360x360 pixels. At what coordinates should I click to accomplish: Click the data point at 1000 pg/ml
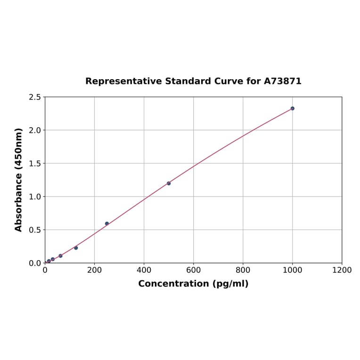coord(292,108)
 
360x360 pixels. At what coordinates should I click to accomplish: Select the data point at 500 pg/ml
coord(169,183)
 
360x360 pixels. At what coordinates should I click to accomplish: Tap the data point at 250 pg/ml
coord(107,223)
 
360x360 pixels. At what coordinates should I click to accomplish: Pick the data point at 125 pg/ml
coord(76,248)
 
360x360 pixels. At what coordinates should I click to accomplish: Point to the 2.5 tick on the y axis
coord(35,97)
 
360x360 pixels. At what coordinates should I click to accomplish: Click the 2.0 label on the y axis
coord(35,130)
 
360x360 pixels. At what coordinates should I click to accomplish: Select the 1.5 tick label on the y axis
coord(35,164)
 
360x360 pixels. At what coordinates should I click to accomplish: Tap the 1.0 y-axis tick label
coord(35,196)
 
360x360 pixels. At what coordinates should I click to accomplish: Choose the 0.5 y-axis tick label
coord(35,230)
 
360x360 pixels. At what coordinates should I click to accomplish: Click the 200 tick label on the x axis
coord(94,270)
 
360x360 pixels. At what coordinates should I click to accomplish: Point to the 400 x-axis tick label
coord(144,270)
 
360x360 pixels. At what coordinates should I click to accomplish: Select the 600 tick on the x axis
coord(193,270)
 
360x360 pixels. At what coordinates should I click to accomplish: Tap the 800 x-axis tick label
coord(243,270)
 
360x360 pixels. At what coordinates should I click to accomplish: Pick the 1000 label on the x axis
coord(292,270)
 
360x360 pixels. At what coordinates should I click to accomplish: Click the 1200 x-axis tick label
coord(342,270)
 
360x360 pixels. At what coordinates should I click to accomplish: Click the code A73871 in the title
coord(282,82)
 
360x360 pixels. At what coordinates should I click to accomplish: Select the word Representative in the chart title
coord(123,82)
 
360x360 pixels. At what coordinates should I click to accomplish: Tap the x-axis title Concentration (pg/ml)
coord(193,284)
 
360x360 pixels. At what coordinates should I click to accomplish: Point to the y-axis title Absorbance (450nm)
coord(19,180)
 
